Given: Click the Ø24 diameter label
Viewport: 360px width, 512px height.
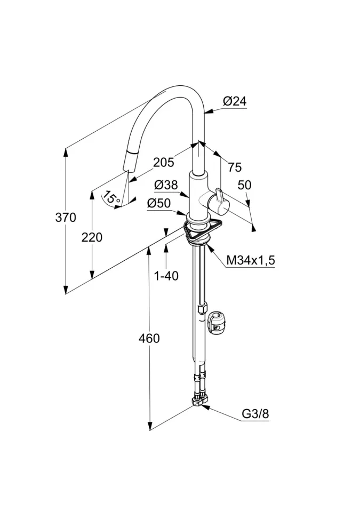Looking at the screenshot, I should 235,101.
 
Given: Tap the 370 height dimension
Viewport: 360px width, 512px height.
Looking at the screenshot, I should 66,218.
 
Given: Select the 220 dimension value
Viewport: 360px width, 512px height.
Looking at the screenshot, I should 92,237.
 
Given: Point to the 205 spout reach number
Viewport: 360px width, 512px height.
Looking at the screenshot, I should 164,163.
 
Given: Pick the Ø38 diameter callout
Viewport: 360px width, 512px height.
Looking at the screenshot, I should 166,185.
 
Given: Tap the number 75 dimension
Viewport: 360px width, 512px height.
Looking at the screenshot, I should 235,167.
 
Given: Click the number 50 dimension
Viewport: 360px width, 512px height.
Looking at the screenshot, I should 244,186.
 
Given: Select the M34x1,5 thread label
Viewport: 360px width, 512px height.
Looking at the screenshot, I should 251,261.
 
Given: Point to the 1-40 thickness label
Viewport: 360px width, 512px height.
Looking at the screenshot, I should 166,276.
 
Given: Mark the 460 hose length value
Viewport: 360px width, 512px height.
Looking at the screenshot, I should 149,338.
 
